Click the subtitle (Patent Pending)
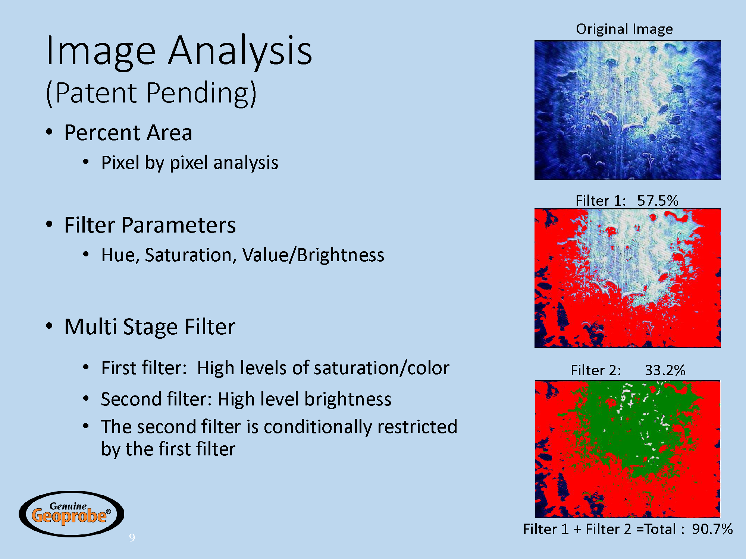[151, 93]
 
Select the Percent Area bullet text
[128, 133]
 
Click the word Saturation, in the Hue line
[191, 255]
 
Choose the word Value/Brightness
[313, 256]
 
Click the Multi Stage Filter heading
[150, 327]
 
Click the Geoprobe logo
[71, 514]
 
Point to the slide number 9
[132, 537]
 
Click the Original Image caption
[624, 29]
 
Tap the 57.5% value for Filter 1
[658, 200]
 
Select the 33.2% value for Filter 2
[665, 370]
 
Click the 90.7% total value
[712, 529]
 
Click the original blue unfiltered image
[627, 110]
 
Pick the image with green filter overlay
[627, 449]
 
